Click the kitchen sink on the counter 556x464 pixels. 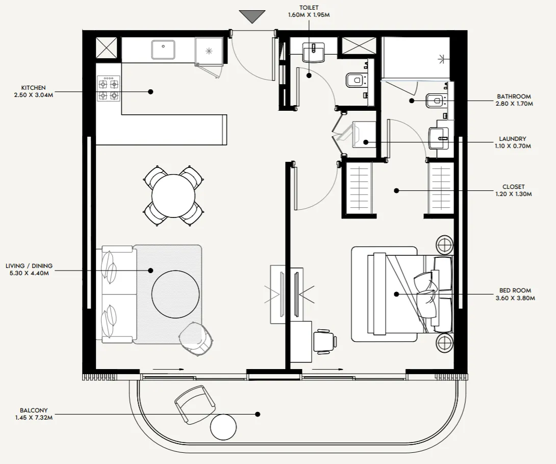(x=163, y=50)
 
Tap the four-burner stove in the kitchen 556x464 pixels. (x=109, y=88)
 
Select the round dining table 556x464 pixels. (x=173, y=196)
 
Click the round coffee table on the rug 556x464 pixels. (x=175, y=294)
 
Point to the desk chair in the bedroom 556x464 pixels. (x=325, y=341)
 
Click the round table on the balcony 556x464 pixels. (x=223, y=427)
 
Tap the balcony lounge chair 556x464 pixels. (x=195, y=404)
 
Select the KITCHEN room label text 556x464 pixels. (x=33, y=88)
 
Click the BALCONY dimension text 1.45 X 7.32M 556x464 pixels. (x=34, y=418)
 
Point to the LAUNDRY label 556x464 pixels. (x=512, y=139)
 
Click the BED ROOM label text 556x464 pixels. (x=515, y=290)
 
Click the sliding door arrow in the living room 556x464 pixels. (x=168, y=369)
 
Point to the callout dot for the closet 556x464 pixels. (x=396, y=190)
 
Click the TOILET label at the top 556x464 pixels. (x=309, y=8)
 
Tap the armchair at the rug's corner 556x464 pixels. (x=196, y=339)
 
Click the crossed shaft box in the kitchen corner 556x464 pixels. (x=107, y=48)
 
